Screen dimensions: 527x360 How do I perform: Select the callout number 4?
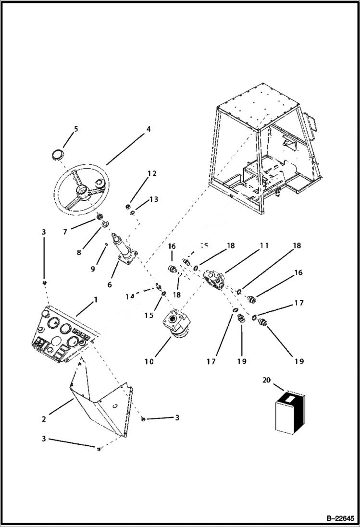[148, 129]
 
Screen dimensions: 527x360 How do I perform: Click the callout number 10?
[149, 361]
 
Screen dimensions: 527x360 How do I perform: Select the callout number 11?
[264, 245]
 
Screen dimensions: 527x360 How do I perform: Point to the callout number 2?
[44, 419]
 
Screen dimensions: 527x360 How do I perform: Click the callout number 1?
[96, 299]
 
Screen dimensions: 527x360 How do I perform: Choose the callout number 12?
[152, 173]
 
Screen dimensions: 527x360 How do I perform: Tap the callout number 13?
[153, 199]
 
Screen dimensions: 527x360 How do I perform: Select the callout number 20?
[266, 380]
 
